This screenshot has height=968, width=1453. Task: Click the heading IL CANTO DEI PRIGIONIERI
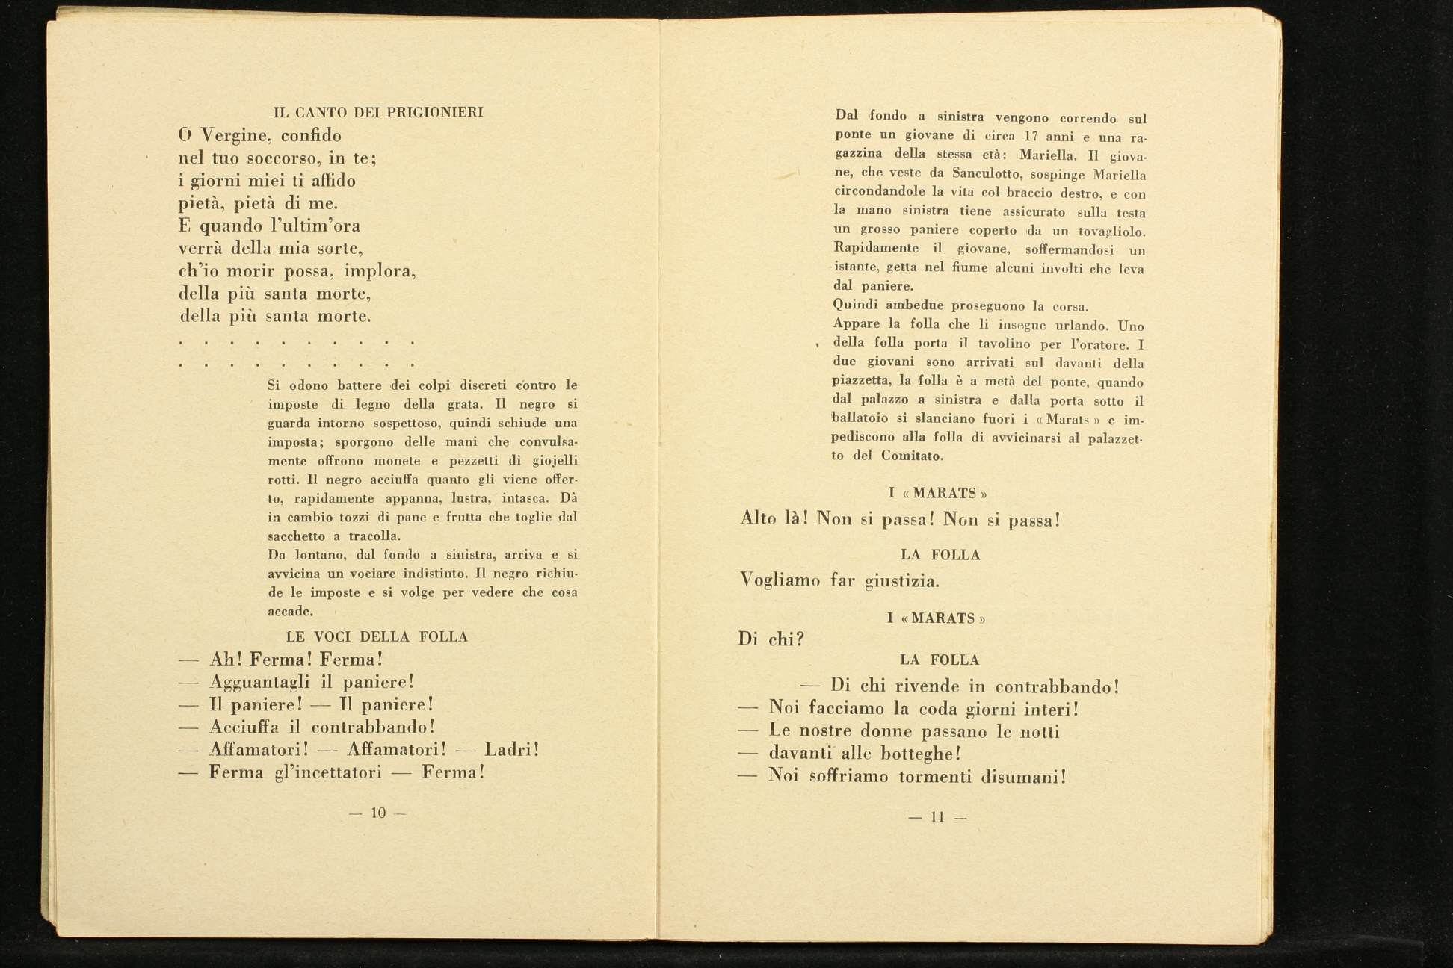tap(378, 113)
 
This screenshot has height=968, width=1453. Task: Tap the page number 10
tap(378, 813)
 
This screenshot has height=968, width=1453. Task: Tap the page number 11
tap(937, 817)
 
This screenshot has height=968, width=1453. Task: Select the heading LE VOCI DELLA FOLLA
tap(377, 637)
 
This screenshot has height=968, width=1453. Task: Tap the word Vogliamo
tap(780, 580)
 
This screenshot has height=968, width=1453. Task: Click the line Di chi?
tap(771, 639)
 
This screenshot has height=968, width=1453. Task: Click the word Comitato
tap(912, 456)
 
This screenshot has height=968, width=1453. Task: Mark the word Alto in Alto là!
tap(759, 518)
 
